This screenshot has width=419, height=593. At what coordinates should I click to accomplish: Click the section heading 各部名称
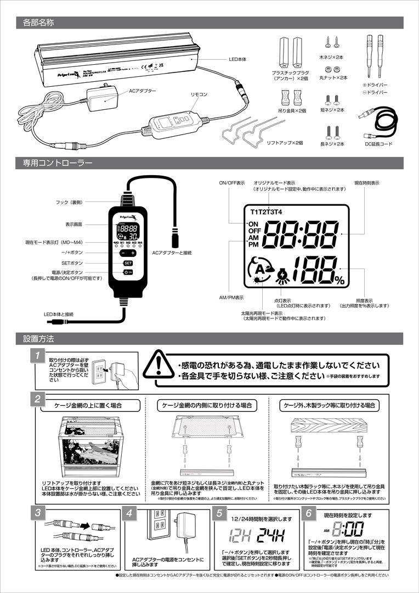click(x=38, y=23)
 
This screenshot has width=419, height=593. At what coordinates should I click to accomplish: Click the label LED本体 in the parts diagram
click(x=239, y=58)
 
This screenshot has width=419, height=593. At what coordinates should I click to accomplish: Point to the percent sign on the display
click(x=340, y=281)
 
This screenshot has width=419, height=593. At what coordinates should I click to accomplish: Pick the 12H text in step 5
click(x=239, y=534)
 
